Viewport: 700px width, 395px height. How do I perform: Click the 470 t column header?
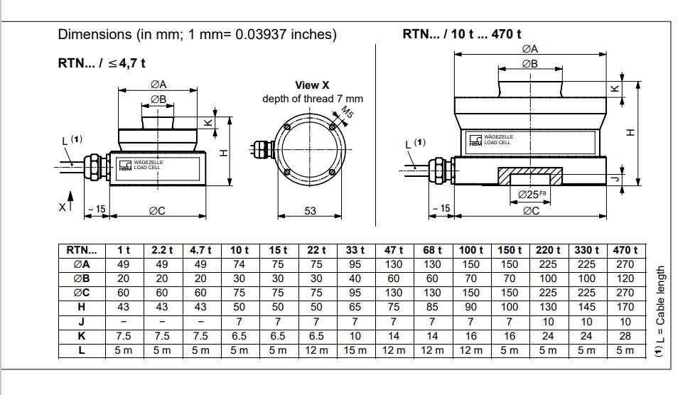[625, 250]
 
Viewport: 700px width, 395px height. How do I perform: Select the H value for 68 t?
[432, 306]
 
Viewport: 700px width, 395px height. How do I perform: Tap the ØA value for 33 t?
[355, 264]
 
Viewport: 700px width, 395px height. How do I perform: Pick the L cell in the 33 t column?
[355, 350]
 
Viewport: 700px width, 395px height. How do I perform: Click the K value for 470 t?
[625, 335]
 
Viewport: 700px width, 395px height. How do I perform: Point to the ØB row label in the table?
[82, 278]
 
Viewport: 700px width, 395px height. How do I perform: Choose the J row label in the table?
[82, 321]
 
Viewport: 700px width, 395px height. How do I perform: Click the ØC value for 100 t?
[470, 293]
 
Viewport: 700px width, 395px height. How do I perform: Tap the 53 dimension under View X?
[310, 210]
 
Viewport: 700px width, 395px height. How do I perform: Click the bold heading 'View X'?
[312, 85]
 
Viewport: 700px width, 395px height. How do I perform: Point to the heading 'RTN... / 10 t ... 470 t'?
[462, 33]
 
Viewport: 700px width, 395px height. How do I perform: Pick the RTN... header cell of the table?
[82, 250]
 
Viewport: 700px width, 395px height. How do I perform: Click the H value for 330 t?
[586, 306]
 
